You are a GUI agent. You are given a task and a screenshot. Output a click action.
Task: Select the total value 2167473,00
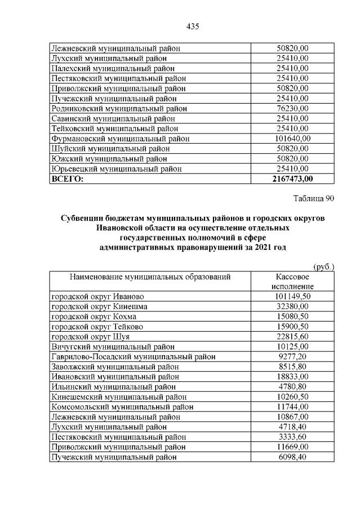[292, 179]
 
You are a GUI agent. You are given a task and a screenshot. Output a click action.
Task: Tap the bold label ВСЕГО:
[67, 179]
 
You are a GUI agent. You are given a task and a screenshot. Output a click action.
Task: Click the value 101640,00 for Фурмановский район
[292, 139]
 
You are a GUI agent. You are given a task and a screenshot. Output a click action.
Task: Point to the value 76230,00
[292, 108]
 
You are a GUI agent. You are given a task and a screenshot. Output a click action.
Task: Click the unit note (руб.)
[323, 267]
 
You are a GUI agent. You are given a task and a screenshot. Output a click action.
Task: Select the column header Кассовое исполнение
[291, 282]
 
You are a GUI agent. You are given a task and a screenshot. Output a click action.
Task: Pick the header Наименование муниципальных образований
[150, 277]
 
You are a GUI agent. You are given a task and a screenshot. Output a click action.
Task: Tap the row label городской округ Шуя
[91, 337]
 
